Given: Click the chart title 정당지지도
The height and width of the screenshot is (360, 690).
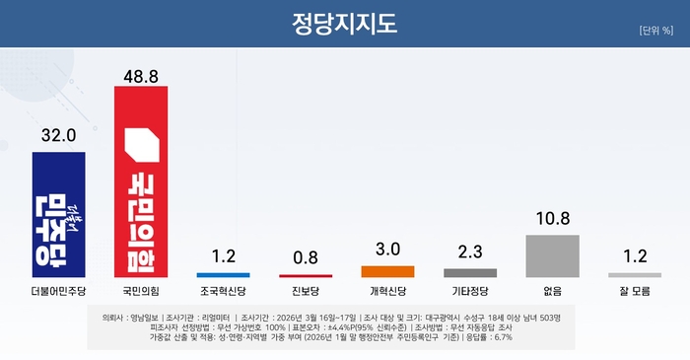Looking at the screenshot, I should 345,24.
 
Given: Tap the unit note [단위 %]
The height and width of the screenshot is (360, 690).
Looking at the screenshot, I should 655,31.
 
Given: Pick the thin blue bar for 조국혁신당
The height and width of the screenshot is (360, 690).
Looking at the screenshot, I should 224,274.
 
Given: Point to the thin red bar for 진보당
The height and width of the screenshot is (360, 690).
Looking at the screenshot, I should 306,275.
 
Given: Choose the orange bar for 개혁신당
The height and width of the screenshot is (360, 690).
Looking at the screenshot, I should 387,271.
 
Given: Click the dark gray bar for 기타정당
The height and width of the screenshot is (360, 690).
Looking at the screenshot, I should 470,272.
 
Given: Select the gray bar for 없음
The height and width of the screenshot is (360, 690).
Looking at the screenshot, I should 552,255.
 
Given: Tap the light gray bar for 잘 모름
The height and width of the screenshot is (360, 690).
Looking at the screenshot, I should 634,274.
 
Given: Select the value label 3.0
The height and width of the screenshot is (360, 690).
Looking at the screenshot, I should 387,251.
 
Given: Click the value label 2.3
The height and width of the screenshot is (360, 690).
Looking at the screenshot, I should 470,253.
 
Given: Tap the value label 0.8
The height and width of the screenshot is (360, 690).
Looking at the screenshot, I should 306,259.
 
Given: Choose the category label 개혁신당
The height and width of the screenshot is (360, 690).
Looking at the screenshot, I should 387,293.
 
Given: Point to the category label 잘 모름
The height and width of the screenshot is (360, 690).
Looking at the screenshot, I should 634,293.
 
